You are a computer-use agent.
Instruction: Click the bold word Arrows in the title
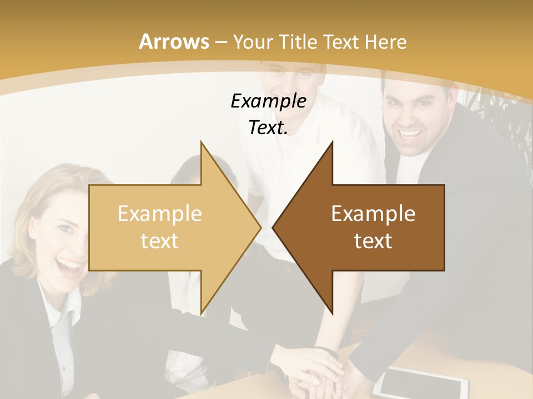[174, 42]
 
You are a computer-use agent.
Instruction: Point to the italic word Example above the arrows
[268, 101]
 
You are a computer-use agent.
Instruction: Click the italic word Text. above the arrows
[268, 128]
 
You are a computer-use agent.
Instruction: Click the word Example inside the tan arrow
[159, 214]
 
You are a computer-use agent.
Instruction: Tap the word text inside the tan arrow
[159, 241]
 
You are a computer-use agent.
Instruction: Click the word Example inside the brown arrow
[373, 214]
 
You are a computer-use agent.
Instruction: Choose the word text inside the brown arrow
[373, 241]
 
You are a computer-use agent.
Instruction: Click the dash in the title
[220, 42]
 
